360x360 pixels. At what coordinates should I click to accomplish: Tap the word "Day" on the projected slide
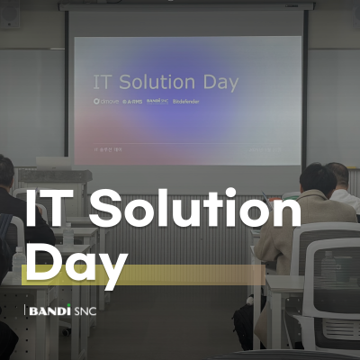coord(220,83)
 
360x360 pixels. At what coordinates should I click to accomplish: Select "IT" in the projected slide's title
coord(101,83)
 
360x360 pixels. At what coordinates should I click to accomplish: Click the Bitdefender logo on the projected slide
coord(186,102)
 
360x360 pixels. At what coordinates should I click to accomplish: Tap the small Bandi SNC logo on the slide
coord(157,102)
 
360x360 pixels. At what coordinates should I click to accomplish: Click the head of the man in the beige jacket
coord(317,180)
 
